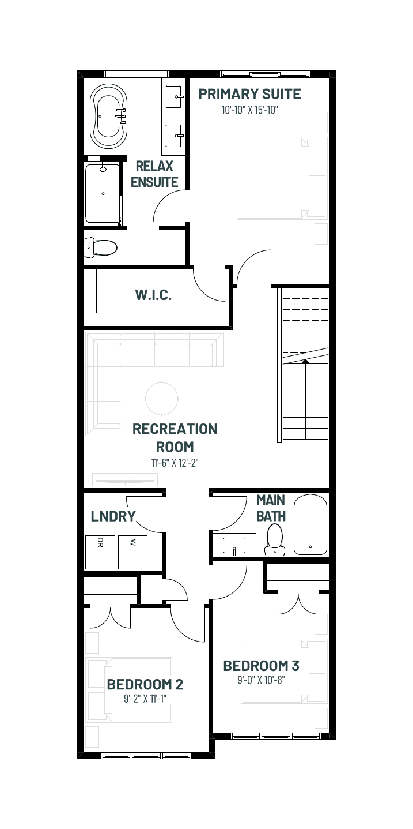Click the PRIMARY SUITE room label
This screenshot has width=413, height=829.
point(250,94)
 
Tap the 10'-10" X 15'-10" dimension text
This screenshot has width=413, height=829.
point(250,110)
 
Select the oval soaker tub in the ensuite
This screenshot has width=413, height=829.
point(109,116)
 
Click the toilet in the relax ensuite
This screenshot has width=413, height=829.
point(101,247)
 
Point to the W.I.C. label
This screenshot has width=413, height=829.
point(153,295)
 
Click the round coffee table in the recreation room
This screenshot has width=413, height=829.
point(162,399)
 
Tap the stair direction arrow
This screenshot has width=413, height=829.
point(305,361)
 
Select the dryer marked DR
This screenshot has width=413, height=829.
point(100,552)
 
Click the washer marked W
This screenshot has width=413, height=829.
point(132,552)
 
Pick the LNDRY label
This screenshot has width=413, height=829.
point(113,516)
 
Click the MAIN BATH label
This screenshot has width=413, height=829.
point(271,508)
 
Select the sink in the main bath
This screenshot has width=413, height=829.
point(234,546)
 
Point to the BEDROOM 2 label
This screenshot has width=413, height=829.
point(145,684)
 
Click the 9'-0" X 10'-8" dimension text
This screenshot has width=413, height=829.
point(261,680)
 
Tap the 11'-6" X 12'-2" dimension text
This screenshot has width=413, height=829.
point(175,463)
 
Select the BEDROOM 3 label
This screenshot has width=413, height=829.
point(261,666)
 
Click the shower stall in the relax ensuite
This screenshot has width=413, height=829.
point(103,193)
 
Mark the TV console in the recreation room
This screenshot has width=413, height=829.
point(124,481)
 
